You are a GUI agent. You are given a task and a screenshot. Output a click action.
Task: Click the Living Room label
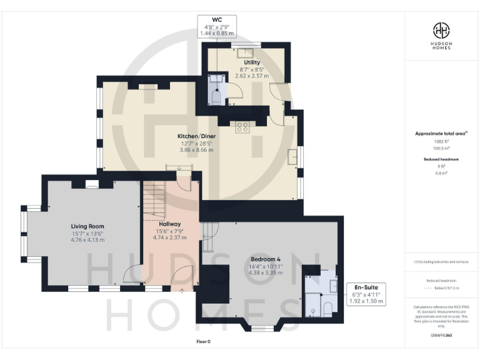pos(87,226)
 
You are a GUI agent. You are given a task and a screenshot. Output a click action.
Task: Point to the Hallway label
pos(169,224)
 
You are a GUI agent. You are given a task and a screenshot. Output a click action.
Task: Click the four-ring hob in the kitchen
pos(242,127)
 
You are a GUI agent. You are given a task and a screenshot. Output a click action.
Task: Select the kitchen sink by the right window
pos(292,156)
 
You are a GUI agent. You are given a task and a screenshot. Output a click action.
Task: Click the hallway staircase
pos(154,200)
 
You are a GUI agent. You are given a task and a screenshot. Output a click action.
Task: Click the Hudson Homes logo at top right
pos(441,31)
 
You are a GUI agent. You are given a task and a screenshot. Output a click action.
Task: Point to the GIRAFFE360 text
pos(441,336)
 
